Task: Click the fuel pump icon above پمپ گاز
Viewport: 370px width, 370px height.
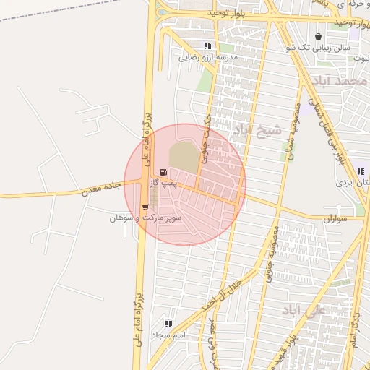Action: click(163, 172)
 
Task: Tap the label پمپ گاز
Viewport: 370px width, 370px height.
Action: click(164, 184)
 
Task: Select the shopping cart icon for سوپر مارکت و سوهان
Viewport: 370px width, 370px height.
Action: click(146, 207)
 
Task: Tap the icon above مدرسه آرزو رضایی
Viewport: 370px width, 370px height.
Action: click(208, 45)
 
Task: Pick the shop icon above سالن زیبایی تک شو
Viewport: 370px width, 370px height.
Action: click(319, 36)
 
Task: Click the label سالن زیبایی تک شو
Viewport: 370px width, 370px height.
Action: click(319, 48)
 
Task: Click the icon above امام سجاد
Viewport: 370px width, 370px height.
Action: click(169, 324)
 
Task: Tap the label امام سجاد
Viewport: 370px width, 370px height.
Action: click(169, 336)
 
